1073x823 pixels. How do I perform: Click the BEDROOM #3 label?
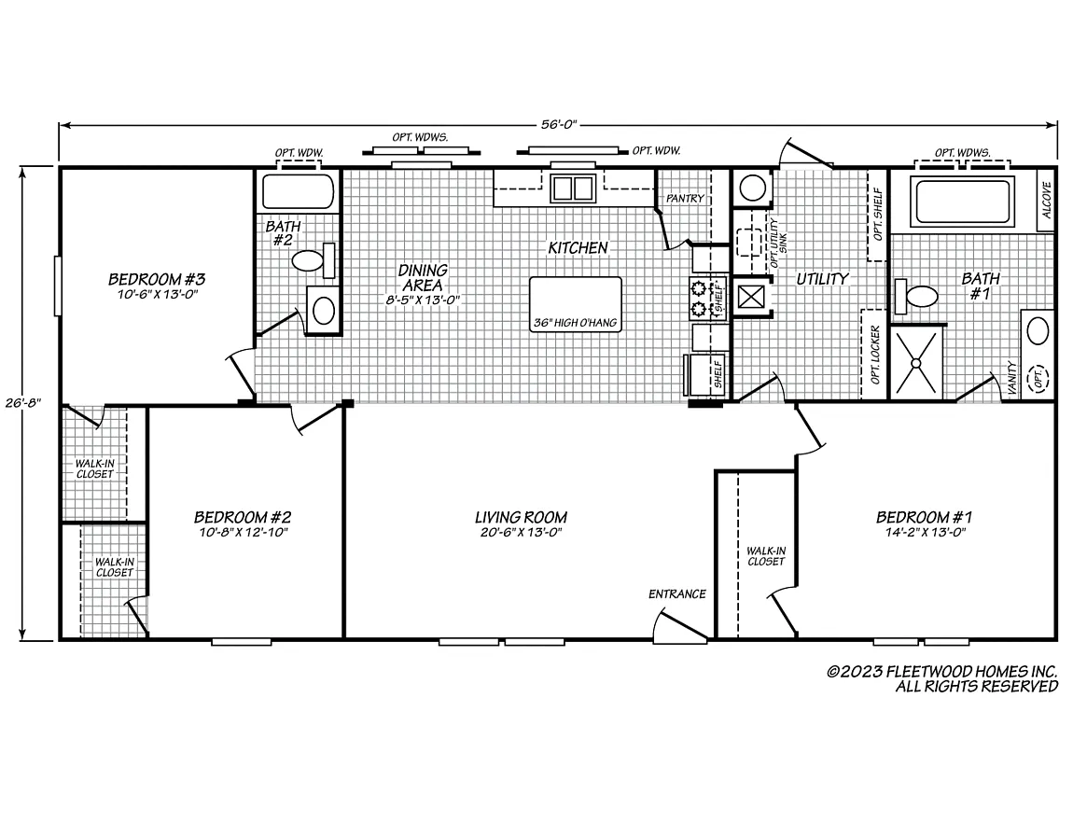157,279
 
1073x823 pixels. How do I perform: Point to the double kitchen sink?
573,188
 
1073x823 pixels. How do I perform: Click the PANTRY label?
684,199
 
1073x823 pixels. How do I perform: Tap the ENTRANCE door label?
677,594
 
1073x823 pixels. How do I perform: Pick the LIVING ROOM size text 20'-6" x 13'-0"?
521,533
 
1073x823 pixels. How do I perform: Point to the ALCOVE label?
1046,199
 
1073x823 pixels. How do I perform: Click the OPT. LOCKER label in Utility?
875,355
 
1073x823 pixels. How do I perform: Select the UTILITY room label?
821,278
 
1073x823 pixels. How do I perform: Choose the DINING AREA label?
423,276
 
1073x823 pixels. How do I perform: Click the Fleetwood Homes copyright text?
942,678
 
